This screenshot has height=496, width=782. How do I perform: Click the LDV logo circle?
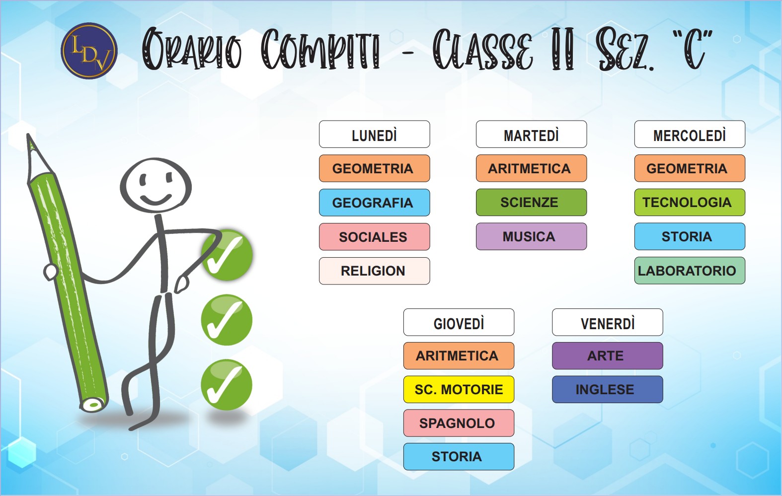[x=89, y=51]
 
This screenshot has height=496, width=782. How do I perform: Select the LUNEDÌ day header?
[x=374, y=134]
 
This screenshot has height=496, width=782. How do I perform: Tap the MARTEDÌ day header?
[x=531, y=134]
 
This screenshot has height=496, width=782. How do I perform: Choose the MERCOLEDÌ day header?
[x=690, y=134]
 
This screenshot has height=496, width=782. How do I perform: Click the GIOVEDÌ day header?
[x=459, y=322]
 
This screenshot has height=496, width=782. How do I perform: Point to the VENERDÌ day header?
[x=608, y=322]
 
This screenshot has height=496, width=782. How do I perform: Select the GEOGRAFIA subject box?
[x=374, y=203]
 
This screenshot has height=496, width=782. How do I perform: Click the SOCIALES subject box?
[x=374, y=237]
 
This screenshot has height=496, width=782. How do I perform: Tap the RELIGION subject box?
[x=374, y=271]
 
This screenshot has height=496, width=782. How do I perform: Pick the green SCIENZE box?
[x=531, y=202]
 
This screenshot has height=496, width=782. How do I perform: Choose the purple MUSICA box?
[x=531, y=236]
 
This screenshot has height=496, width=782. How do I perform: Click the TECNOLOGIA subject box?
[x=690, y=202]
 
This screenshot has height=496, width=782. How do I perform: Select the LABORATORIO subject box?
[x=690, y=271]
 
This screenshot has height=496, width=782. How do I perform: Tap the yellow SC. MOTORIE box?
[x=459, y=389]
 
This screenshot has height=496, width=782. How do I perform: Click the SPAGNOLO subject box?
[x=459, y=423]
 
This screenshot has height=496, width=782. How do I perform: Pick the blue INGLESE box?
[x=608, y=389]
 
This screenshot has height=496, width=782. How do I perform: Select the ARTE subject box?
[x=608, y=356]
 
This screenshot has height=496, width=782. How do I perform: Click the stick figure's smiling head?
[x=156, y=185]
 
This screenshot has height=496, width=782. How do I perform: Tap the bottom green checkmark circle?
[x=227, y=385]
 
